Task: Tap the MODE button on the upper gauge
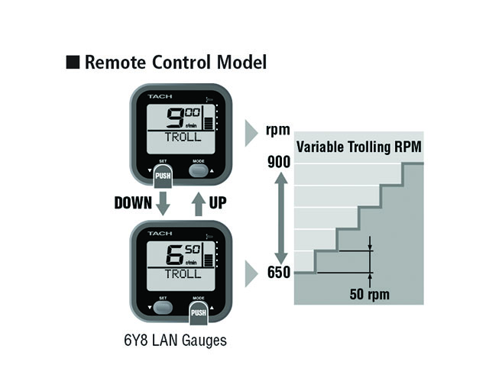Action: tap(199, 170)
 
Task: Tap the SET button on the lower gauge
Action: tap(163, 307)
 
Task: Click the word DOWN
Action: tap(133, 203)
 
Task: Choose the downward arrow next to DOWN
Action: tap(163, 203)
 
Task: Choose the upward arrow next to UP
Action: tap(198, 203)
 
